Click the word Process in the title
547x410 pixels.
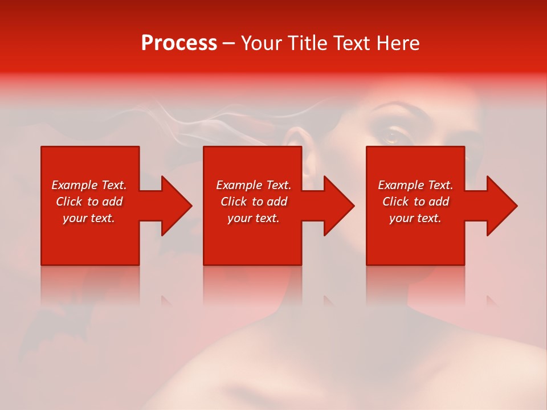coord(179,43)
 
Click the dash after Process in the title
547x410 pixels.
coord(228,44)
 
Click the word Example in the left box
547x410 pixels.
coord(75,185)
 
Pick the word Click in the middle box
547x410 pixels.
coord(233,202)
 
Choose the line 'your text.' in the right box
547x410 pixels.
coord(415,218)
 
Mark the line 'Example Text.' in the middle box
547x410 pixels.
coord(253,185)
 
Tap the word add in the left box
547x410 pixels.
coord(112,202)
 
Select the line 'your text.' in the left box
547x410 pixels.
coord(89,218)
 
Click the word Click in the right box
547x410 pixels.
coord(395,202)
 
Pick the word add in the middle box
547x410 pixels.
coord(276,202)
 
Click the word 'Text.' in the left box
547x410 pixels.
coord(113,185)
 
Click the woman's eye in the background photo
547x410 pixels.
coord(393,136)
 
